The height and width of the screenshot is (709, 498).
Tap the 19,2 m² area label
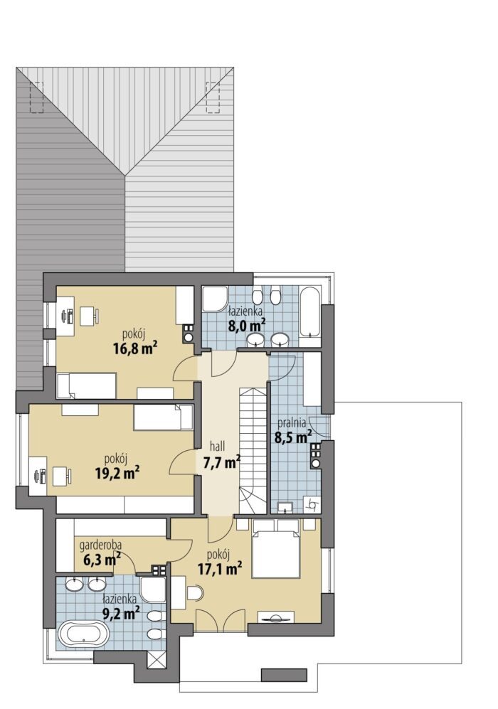117,473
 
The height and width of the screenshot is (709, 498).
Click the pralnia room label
292,423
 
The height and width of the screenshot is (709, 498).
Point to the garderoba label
100,545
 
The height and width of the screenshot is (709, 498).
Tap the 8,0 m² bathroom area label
247,326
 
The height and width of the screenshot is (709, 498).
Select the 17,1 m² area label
219,568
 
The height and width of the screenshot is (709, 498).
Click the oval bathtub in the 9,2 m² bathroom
84,636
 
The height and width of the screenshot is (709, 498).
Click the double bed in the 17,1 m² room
276,548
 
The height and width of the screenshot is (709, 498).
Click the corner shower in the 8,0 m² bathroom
215,299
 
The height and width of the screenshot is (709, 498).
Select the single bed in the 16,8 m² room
86,385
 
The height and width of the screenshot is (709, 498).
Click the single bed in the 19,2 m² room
164,417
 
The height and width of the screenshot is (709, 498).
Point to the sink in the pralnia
285,507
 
